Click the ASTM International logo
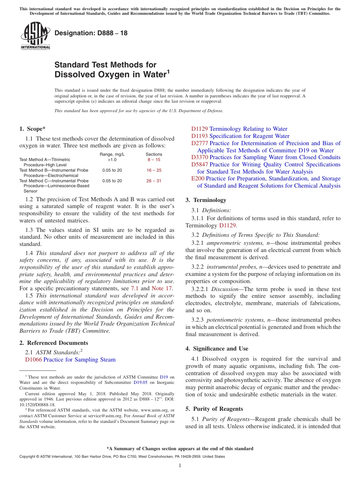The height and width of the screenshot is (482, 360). click(35, 36)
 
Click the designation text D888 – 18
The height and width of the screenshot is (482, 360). click(91, 33)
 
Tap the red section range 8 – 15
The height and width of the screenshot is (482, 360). click(153, 160)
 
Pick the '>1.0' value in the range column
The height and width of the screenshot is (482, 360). click(112, 160)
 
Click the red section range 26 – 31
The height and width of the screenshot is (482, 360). click(153, 181)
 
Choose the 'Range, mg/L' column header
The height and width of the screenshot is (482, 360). click(112, 154)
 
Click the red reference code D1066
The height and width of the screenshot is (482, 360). click(33, 360)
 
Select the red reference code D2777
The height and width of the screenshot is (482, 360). click(200, 143)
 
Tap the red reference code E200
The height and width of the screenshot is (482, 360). click(198, 178)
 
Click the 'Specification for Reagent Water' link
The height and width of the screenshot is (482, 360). click(249, 136)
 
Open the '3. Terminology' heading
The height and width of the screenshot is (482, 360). click(206, 200)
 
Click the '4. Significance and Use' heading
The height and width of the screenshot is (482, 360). click(217, 349)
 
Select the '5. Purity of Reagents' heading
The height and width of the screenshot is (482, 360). click(214, 409)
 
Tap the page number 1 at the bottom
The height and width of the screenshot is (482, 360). click(180, 466)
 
